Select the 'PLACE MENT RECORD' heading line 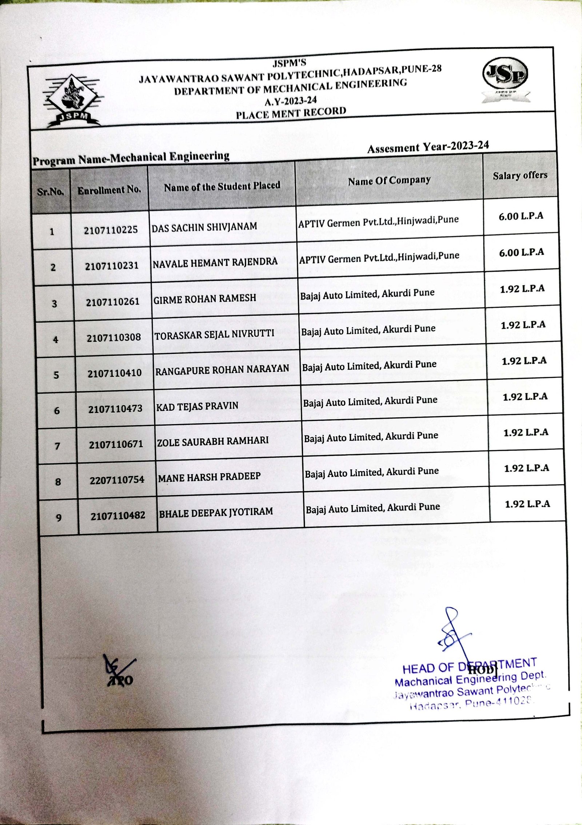(291, 113)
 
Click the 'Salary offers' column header (520, 176)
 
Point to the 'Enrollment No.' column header (109, 190)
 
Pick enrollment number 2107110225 (111, 230)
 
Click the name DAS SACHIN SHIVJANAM (204, 227)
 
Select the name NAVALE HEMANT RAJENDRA (215, 262)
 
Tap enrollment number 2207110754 (117, 480)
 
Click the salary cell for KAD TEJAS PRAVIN (525, 397)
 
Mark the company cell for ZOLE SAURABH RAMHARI (371, 437)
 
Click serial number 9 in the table (59, 517)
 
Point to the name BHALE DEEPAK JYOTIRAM (216, 512)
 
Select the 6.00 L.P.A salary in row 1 (521, 216)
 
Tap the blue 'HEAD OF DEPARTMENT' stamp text (469, 666)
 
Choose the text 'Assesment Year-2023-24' (428, 147)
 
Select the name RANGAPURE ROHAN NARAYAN (222, 370)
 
